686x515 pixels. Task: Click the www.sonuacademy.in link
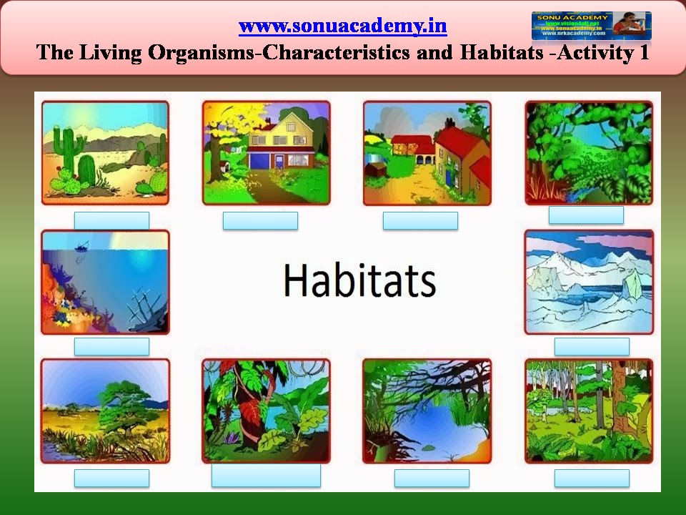tap(342, 26)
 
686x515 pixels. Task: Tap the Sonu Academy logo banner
tap(591, 25)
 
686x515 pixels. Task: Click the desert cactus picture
tap(105, 152)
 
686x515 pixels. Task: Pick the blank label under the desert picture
tap(111, 220)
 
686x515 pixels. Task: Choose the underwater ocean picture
tap(105, 282)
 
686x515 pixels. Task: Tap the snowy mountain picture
tap(589, 282)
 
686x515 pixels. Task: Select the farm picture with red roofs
tap(427, 152)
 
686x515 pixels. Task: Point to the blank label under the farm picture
tap(420, 220)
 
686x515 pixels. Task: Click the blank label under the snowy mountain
tap(592, 346)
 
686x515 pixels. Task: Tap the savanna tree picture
tap(105, 411)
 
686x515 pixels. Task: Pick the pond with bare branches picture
tap(427, 411)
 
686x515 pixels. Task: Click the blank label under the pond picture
tap(432, 478)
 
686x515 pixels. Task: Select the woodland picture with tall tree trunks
tap(589, 411)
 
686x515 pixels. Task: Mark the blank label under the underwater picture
tap(111, 346)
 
